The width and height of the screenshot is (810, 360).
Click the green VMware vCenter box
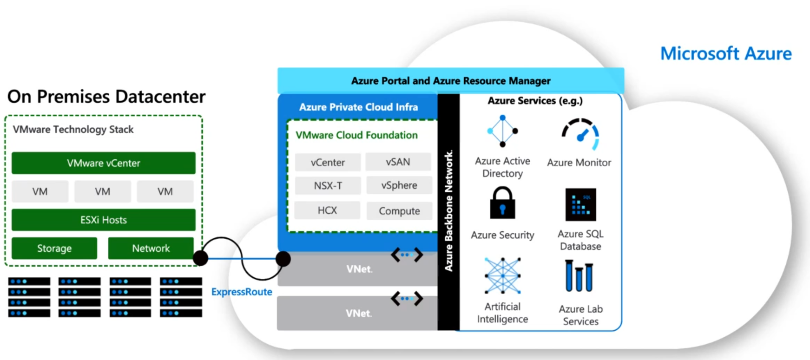(103, 163)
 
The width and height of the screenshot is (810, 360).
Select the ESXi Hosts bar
(103, 220)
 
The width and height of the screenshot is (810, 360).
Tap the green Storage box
(54, 249)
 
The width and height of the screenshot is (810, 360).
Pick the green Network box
(151, 249)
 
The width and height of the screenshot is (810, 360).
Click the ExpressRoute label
(242, 292)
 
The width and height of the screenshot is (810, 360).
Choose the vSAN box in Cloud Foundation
(398, 162)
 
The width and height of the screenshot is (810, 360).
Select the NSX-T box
(328, 186)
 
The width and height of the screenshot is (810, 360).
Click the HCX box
(327, 210)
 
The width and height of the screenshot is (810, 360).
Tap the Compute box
(399, 211)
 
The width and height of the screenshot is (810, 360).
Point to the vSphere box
(399, 185)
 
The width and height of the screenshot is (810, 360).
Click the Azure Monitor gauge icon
(580, 134)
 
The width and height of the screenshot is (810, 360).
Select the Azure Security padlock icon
(502, 203)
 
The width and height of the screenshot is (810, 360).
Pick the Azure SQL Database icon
(580, 204)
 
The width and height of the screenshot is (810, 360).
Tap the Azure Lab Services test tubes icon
(579, 276)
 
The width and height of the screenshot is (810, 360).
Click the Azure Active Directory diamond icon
(502, 131)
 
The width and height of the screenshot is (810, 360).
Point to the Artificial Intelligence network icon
(502, 276)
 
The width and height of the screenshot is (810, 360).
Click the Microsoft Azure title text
(726, 53)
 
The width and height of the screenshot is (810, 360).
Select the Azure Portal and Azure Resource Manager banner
(450, 81)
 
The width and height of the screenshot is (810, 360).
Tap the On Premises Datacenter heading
(106, 97)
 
